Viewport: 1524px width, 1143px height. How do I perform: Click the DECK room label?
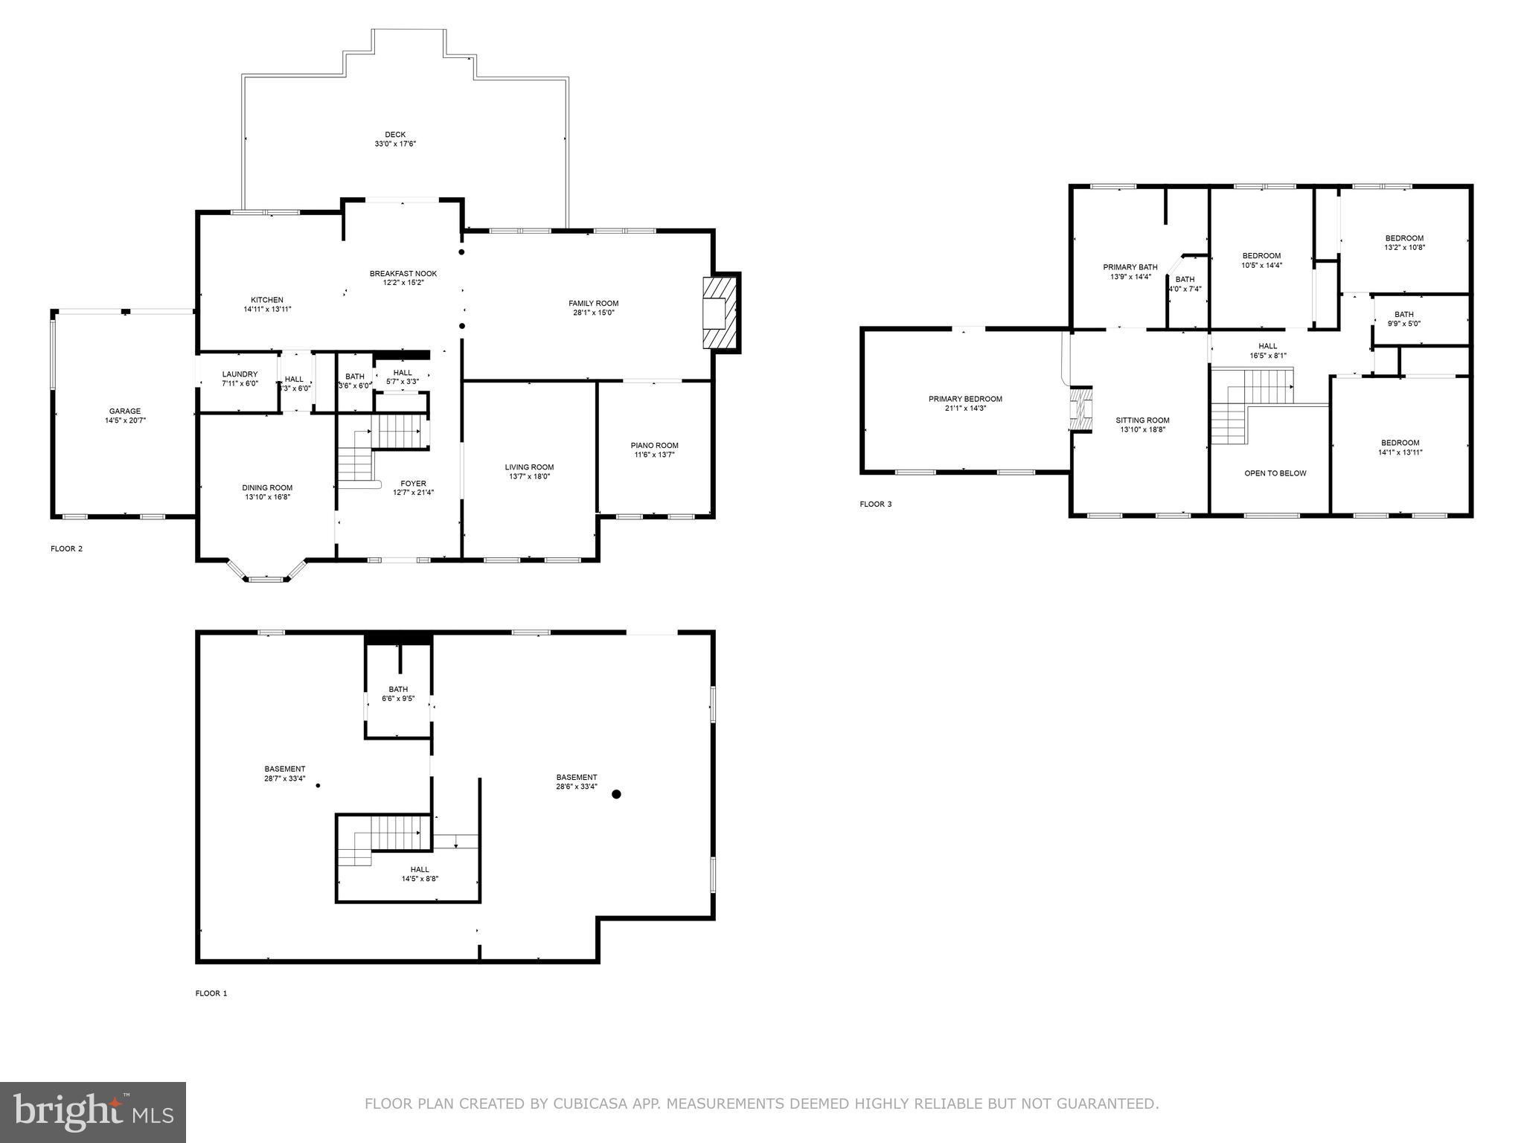[x=395, y=135]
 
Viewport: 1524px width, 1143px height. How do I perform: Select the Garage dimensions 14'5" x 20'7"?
[x=124, y=420]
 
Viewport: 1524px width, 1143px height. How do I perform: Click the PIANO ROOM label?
[x=656, y=445]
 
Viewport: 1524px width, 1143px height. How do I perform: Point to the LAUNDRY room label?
[x=240, y=374]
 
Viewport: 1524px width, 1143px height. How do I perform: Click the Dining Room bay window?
[x=266, y=577]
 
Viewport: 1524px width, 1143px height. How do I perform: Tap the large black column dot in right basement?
[x=616, y=794]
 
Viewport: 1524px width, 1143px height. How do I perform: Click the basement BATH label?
[x=398, y=689]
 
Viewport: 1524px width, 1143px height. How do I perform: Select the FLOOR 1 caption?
[x=211, y=993]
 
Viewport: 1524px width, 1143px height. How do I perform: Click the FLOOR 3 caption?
[x=875, y=504]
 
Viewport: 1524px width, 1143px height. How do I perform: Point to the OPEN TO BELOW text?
[x=1275, y=473]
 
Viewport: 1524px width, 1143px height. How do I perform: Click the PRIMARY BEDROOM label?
[x=965, y=399]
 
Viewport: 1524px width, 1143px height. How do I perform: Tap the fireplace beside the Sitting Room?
[x=1080, y=409]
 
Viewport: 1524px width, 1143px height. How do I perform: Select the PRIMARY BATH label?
[x=1130, y=267]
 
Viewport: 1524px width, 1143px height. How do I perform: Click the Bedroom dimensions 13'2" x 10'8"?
[x=1404, y=248]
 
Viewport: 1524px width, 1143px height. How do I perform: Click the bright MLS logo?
[x=92, y=1112]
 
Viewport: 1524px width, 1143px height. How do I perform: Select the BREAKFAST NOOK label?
[x=403, y=273]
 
